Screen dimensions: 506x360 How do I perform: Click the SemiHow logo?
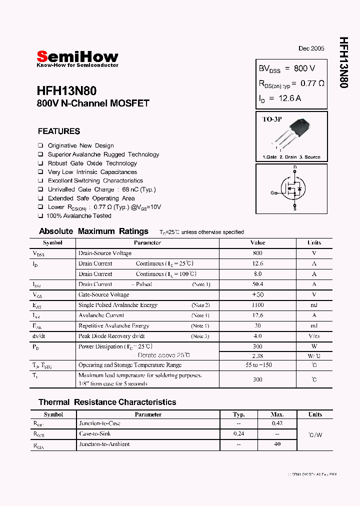click(77, 57)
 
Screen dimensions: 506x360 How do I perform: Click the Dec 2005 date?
click(311, 48)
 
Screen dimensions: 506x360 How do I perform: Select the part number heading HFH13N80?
click(66, 91)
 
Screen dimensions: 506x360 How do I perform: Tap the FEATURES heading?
click(59, 131)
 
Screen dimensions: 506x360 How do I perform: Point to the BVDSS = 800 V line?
click(286, 68)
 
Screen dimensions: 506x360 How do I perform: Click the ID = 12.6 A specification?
click(280, 98)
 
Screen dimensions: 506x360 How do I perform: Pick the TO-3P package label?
click(272, 119)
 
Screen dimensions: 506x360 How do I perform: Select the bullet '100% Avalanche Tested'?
click(78, 216)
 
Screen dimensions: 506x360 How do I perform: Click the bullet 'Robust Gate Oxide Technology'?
click(92, 163)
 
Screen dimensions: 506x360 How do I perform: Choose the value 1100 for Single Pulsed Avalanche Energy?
click(257, 305)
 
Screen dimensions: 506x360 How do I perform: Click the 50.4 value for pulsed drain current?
click(257, 284)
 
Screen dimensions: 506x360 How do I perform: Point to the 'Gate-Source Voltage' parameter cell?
click(103, 294)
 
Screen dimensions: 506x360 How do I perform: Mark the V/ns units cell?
click(314, 336)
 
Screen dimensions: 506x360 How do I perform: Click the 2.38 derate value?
click(257, 355)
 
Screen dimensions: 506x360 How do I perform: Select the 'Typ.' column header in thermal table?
click(239, 414)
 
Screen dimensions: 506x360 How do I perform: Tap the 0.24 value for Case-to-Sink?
click(238, 434)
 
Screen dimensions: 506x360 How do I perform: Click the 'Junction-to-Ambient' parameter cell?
click(104, 444)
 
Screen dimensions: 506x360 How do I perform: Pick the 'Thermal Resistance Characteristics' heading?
click(107, 402)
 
